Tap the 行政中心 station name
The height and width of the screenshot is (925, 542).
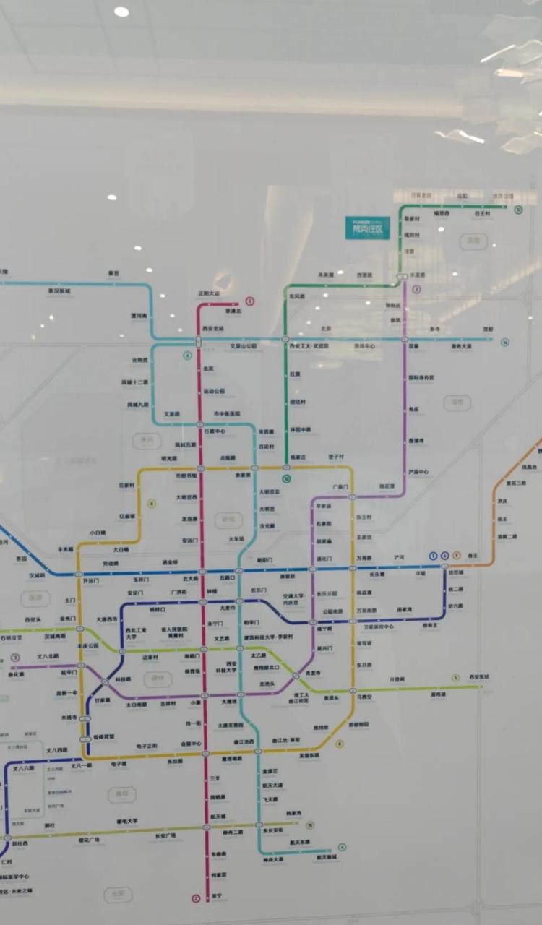click(215, 431)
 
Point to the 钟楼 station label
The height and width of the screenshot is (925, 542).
click(212, 592)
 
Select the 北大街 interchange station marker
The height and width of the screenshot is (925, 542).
click(202, 571)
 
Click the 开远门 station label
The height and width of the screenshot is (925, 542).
click(91, 580)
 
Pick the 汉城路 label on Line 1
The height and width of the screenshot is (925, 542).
click(37, 575)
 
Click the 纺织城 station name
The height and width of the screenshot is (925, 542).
click(455, 572)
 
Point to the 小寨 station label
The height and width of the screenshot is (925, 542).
click(196, 702)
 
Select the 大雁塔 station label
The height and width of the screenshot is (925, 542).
click(229, 701)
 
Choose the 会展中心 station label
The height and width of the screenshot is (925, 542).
click(191, 743)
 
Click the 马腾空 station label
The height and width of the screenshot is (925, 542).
click(364, 697)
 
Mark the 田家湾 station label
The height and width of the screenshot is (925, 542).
click(404, 610)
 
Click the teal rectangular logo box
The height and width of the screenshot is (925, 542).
click(366, 228)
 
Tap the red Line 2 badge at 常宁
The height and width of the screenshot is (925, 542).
click(195, 898)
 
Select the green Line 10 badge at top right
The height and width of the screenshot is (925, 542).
click(518, 210)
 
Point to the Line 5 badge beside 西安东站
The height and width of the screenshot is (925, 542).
click(455, 677)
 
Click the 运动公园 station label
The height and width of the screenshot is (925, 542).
click(215, 390)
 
